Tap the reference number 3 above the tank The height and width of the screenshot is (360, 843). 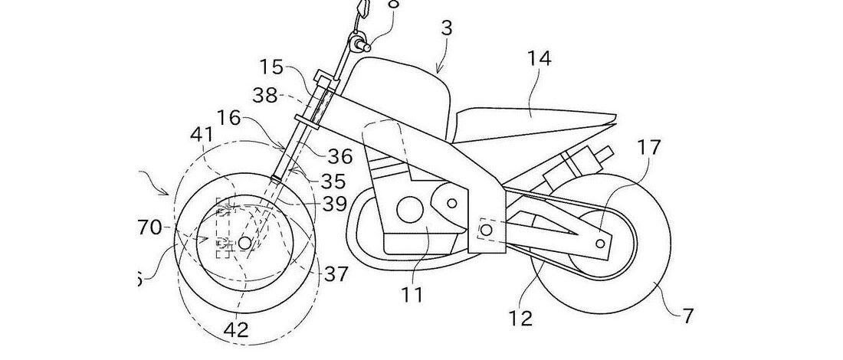point(447,29)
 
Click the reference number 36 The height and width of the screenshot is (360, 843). point(341,156)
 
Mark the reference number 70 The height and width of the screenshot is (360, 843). point(149,227)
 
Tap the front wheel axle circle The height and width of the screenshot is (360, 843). point(244,243)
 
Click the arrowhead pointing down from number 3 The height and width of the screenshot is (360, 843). point(438,71)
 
